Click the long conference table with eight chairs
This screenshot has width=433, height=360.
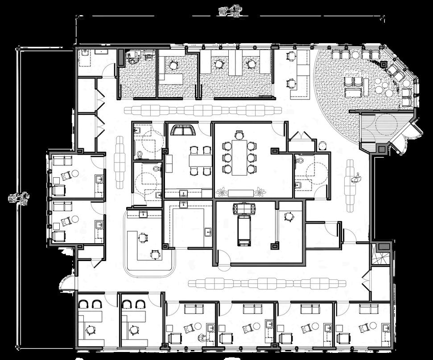(239, 156)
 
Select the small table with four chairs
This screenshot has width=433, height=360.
(199, 160)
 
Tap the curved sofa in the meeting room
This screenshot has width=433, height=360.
(183, 130)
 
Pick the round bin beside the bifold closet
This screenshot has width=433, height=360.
(322, 145)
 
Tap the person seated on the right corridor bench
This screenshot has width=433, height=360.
(355, 179)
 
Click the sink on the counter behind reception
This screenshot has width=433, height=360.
(143, 214)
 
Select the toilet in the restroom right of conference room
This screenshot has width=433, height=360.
(300, 160)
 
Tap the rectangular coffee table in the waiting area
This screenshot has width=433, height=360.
(365, 86)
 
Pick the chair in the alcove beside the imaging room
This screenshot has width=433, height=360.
(289, 217)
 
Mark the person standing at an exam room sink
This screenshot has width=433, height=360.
(204, 337)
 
